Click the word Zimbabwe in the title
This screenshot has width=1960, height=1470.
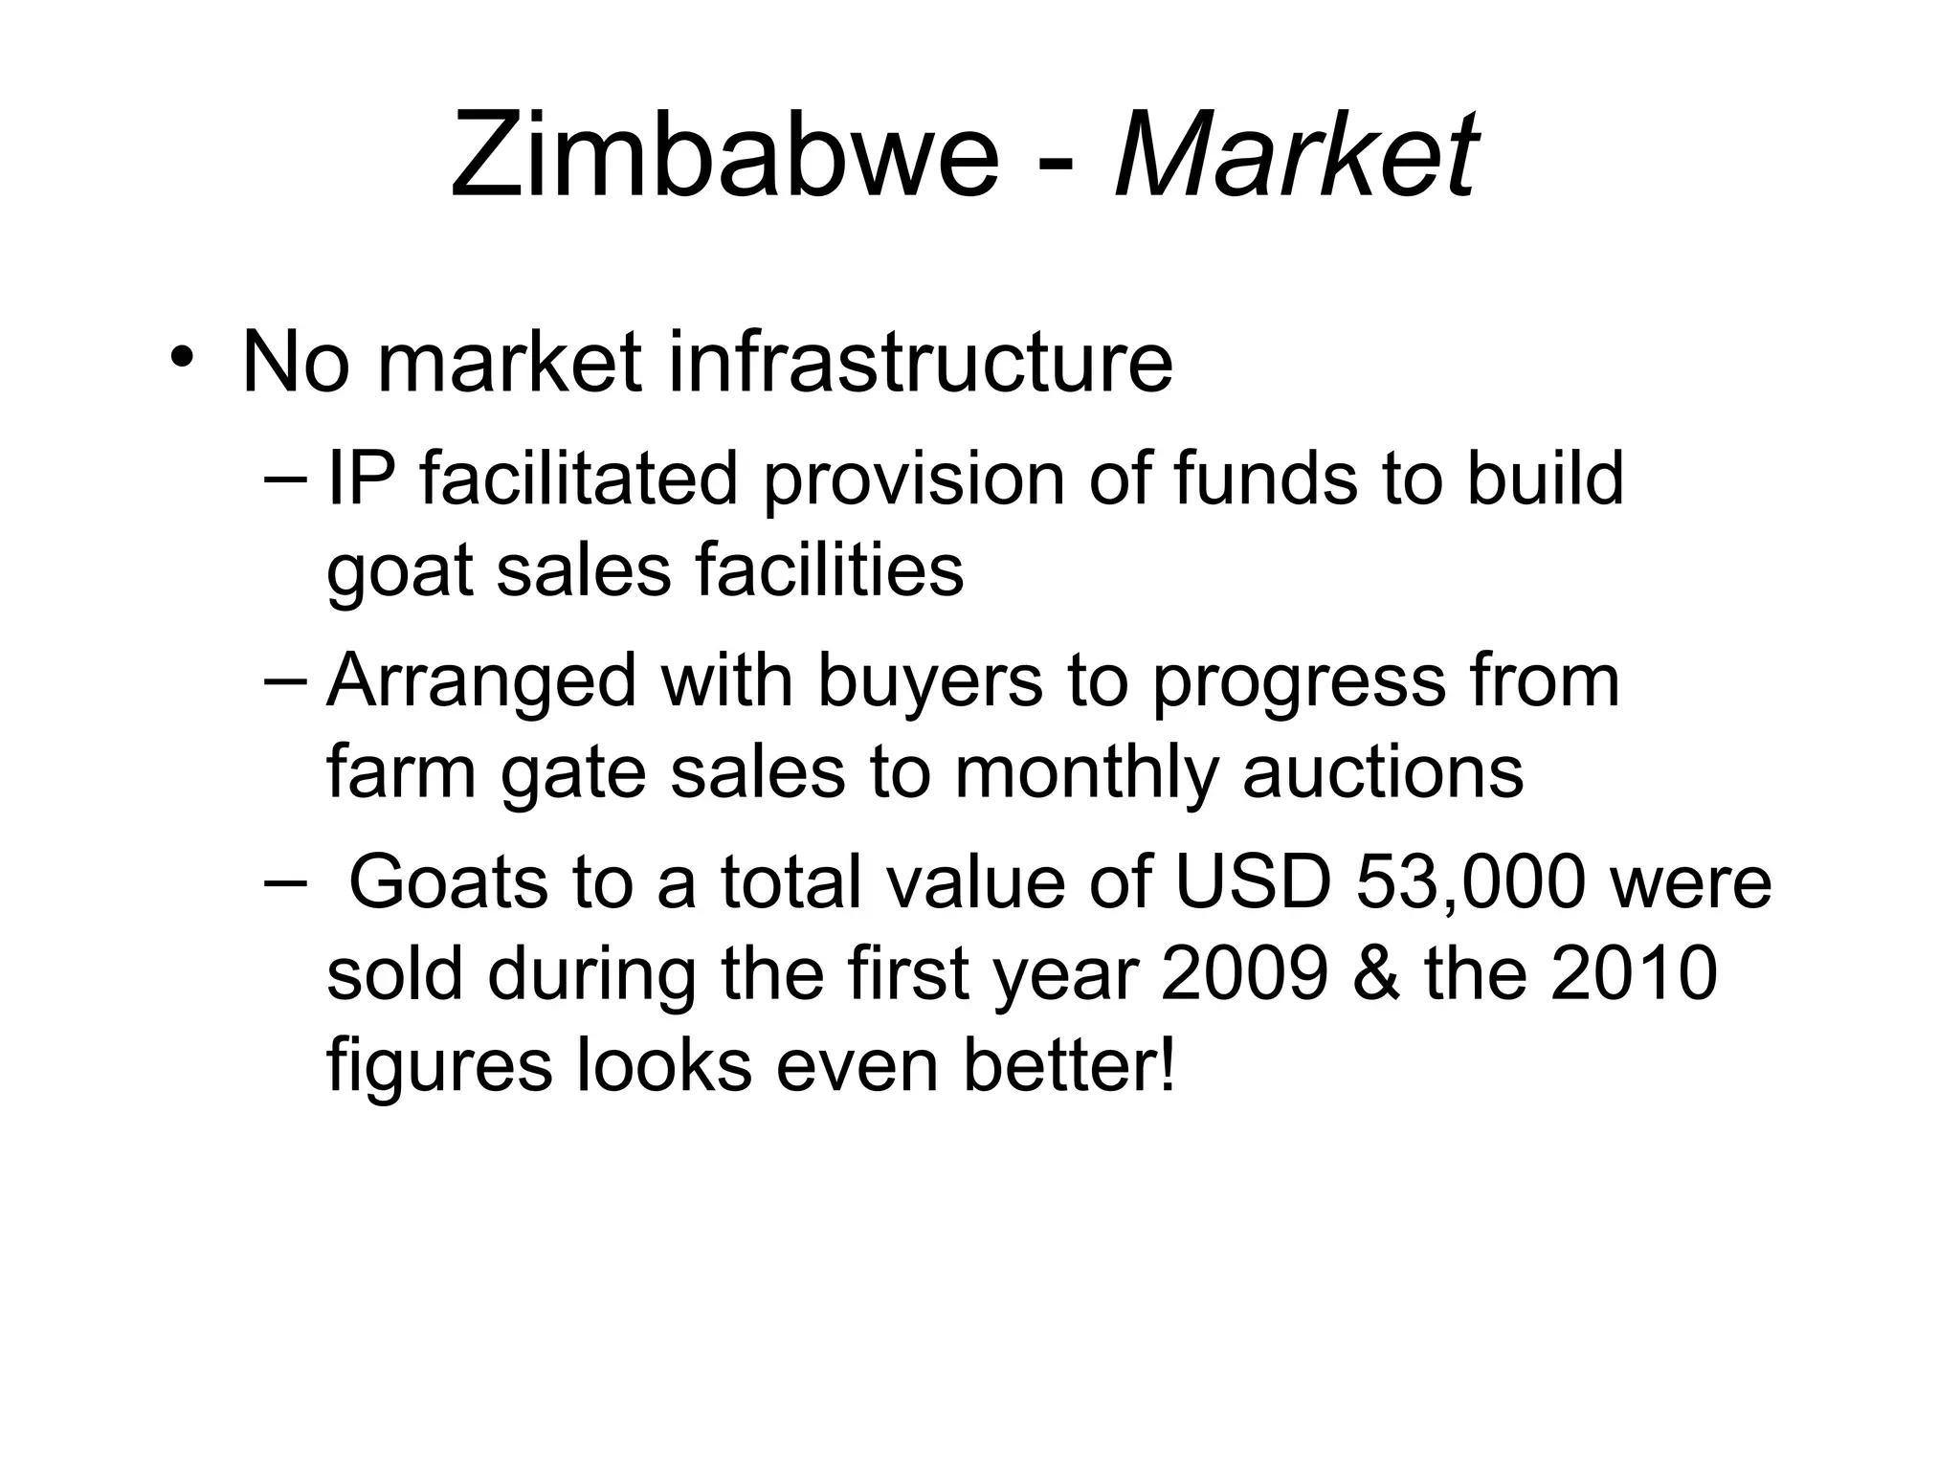click(724, 155)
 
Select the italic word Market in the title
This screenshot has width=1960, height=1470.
click(1297, 155)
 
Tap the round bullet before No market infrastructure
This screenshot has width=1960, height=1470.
click(182, 357)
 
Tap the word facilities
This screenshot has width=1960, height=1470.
click(829, 570)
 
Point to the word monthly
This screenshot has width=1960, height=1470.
click(1086, 774)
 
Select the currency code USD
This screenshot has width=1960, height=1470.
click(1252, 882)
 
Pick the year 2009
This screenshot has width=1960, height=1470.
click(1244, 974)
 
